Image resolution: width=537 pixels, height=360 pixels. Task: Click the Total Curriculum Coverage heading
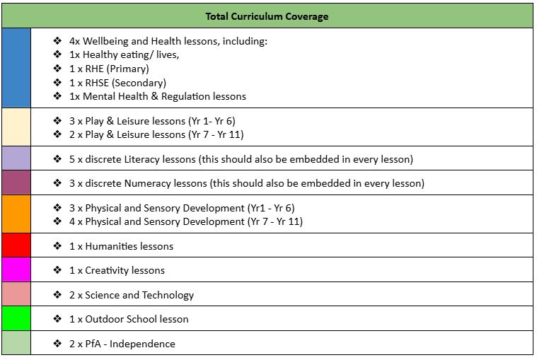tap(267, 16)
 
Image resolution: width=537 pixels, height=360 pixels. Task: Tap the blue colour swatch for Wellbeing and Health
tap(16, 68)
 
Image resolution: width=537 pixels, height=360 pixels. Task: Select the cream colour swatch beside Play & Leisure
tap(16, 127)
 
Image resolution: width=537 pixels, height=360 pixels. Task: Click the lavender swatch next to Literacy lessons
tap(16, 158)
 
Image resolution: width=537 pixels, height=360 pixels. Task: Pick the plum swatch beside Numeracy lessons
tap(16, 183)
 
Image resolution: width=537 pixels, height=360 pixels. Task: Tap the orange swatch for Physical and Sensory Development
tap(16, 214)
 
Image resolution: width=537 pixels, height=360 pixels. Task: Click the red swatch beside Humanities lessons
tap(16, 245)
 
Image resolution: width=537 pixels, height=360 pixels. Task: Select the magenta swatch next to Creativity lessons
tap(16, 270)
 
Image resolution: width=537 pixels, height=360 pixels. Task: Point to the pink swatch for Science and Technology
tap(16, 294)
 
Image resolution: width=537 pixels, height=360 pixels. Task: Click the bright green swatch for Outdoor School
tap(16, 319)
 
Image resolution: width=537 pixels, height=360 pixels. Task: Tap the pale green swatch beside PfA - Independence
tap(16, 343)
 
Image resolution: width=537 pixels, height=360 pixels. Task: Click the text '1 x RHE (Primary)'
tap(109, 69)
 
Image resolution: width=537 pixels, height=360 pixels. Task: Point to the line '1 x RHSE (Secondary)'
tap(117, 82)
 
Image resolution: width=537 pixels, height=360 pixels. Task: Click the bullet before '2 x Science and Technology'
tap(58, 295)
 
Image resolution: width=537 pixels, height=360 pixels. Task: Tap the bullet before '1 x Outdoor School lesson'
tap(58, 319)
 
